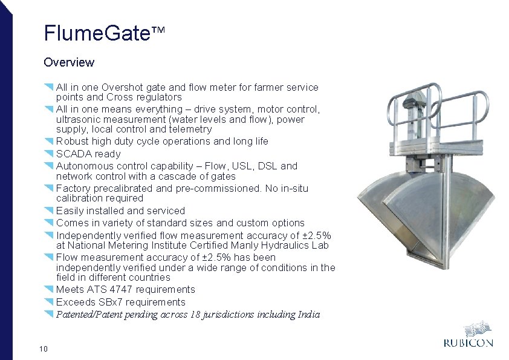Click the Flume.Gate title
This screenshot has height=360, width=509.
[x=97, y=33]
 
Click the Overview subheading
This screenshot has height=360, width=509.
[x=69, y=62]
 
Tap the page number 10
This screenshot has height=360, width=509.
[x=43, y=348]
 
